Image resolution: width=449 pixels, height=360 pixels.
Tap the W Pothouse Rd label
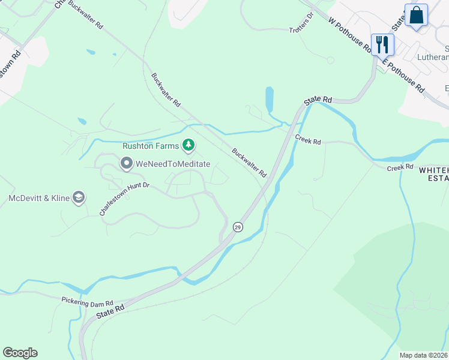(x=348, y=34)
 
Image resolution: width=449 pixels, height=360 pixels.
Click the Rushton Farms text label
(x=151, y=146)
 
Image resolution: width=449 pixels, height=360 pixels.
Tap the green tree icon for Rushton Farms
(x=189, y=145)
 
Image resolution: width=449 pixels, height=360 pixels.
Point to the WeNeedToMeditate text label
(x=173, y=163)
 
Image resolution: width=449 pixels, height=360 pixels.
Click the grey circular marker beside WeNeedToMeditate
(x=126, y=163)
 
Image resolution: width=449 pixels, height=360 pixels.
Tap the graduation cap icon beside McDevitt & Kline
(x=79, y=197)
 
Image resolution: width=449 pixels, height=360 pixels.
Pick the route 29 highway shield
(x=238, y=227)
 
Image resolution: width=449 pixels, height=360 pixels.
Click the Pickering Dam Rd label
(x=87, y=301)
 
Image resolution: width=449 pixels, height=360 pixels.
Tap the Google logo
(x=20, y=353)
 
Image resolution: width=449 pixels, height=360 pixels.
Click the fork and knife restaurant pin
(x=382, y=44)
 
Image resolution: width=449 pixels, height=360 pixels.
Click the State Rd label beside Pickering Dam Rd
(x=110, y=310)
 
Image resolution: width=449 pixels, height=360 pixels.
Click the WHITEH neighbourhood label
(x=433, y=170)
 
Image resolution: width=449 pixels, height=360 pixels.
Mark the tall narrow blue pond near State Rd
(x=270, y=100)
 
